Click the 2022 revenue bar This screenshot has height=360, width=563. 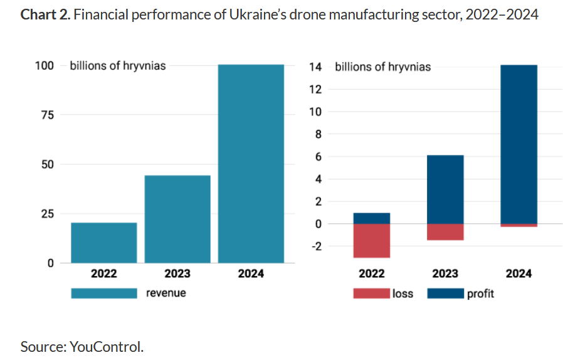pos(103,243)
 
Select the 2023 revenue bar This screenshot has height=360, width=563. pos(177,219)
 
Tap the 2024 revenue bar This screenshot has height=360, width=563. pos(251,163)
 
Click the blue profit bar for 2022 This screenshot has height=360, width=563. pos(372,218)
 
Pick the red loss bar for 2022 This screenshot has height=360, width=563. pos(372,240)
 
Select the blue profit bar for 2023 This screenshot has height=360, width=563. pos(445,189)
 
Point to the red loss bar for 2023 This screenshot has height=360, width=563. pos(445,231)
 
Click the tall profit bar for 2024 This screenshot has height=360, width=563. pos(518,144)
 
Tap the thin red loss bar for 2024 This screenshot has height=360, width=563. pos(518,225)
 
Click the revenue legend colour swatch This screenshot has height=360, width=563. pos(103,293)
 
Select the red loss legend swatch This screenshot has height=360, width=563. pos(372,294)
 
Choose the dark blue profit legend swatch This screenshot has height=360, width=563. pos(445,294)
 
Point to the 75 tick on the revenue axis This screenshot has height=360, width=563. pos(47,115)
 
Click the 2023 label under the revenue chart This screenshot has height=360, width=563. pos(177,273)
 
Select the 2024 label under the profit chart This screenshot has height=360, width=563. pos(518,273)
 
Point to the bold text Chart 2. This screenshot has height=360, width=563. pos(45,14)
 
